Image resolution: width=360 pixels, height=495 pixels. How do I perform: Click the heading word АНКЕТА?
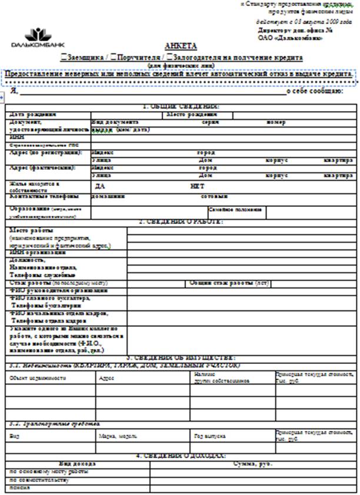181,46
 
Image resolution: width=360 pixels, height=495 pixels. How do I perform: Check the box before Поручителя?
114,58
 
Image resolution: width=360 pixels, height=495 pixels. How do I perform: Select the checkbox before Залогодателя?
169,58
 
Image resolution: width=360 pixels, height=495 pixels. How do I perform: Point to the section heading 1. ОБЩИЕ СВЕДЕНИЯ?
181,106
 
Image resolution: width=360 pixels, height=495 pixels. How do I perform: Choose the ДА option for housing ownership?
100,186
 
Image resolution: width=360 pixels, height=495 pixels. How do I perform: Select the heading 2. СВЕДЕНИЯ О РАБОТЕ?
181,222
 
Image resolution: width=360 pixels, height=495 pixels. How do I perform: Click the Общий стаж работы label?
229,283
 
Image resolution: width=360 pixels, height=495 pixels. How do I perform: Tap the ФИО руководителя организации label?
59,290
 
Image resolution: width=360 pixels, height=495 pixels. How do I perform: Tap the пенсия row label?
21,487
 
